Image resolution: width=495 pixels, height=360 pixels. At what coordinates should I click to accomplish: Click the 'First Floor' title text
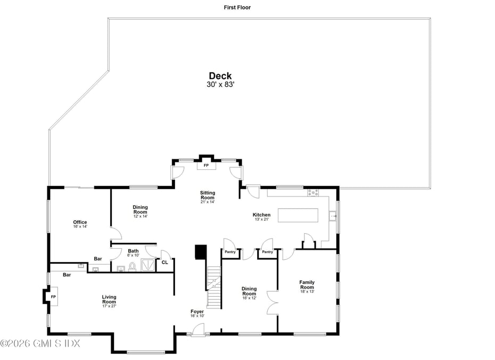(x=237, y=7)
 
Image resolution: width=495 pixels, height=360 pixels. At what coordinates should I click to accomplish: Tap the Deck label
(x=220, y=76)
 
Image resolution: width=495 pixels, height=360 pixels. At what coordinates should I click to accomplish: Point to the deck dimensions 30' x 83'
(x=220, y=84)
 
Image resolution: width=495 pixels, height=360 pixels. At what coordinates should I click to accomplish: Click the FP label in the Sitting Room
(x=206, y=165)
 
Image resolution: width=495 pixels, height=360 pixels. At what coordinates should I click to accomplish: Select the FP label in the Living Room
(x=53, y=297)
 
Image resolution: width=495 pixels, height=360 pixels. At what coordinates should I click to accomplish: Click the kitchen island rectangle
(x=298, y=215)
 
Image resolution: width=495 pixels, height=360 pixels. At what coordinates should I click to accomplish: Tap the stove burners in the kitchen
(x=313, y=192)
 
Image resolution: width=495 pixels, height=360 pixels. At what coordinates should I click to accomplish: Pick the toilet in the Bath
(x=133, y=267)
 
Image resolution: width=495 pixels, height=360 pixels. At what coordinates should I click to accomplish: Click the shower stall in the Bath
(x=147, y=265)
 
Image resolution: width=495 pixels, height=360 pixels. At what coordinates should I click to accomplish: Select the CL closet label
(x=165, y=262)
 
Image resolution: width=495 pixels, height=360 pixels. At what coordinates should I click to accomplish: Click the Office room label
(x=80, y=222)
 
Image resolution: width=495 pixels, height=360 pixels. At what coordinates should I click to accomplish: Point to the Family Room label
(x=307, y=284)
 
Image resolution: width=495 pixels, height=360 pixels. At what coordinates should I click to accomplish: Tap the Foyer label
(x=197, y=312)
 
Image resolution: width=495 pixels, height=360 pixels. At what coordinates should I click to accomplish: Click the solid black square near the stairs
(x=201, y=252)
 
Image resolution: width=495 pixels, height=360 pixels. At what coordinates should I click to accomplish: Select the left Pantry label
(x=230, y=252)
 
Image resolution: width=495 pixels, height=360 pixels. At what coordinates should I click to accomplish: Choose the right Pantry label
(x=267, y=252)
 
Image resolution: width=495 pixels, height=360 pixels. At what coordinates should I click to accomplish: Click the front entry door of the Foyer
(x=198, y=330)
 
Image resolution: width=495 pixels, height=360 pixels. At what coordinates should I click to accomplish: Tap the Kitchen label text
(x=261, y=215)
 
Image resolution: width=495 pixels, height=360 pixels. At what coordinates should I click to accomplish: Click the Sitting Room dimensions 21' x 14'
(x=208, y=202)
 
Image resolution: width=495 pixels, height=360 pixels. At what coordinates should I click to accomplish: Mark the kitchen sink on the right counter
(x=333, y=216)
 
